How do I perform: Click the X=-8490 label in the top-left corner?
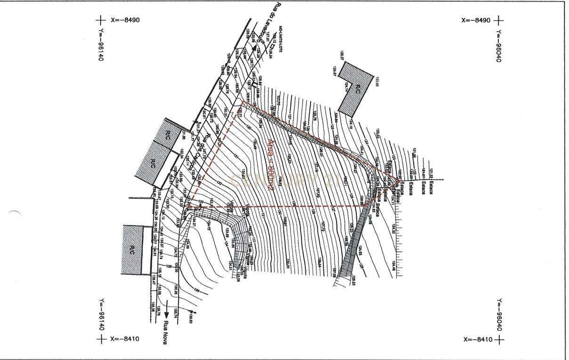click(x=125, y=20)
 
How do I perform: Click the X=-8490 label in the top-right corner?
click(x=476, y=20)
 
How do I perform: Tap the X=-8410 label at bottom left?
click(x=125, y=339)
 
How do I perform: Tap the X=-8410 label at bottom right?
click(x=478, y=339)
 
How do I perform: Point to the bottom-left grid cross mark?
click(x=101, y=339)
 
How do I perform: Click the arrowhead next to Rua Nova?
click(x=166, y=315)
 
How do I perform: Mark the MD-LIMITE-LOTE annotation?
click(x=281, y=37)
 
